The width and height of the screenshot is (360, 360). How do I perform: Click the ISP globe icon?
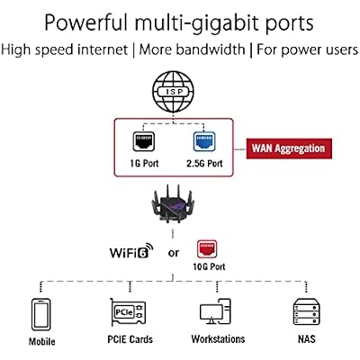tap(173, 92)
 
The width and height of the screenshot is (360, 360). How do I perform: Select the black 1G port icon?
tap(144, 141)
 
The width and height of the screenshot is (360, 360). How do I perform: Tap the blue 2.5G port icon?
tap(204, 141)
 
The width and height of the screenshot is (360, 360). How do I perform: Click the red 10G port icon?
tap(207, 249)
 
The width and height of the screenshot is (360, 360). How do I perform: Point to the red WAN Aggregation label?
tap(289, 148)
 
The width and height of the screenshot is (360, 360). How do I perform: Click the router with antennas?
tap(173, 204)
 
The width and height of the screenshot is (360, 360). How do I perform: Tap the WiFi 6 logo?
tap(131, 251)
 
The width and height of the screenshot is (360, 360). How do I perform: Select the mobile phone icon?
tap(41, 314)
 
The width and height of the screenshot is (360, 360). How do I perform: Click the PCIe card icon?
tap(128, 312)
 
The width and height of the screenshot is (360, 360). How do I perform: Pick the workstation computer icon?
tap(215, 311)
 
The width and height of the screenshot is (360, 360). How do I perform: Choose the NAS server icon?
tap(306, 311)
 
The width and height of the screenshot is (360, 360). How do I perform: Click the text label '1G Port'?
tap(144, 164)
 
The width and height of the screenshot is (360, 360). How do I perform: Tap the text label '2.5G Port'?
tap(204, 164)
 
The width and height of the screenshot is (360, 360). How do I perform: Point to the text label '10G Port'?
tap(209, 266)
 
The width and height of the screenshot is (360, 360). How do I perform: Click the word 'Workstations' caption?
tap(218, 339)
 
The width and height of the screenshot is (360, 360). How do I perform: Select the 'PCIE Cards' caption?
tap(130, 339)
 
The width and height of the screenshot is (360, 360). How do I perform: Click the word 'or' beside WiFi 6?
tap(174, 254)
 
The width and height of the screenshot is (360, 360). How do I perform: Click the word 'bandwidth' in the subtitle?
tap(211, 49)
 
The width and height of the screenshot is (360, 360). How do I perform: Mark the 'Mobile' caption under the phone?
tap(41, 341)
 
